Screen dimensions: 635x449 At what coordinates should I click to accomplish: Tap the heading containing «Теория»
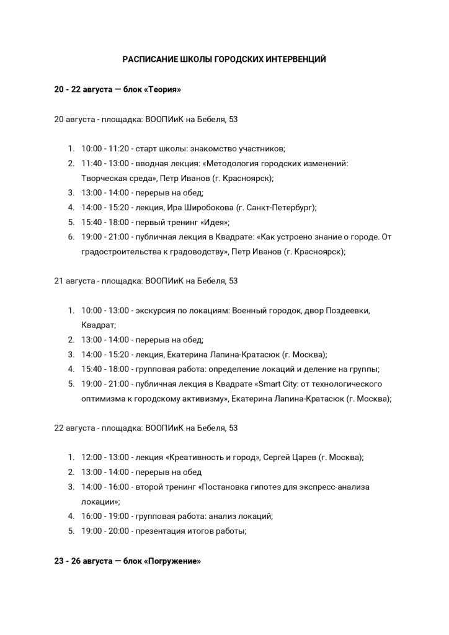(118, 89)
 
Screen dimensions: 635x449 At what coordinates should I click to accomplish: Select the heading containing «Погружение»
(128, 561)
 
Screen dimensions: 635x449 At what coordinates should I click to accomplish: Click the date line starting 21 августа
(146, 281)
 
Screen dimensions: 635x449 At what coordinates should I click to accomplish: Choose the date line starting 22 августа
(146, 428)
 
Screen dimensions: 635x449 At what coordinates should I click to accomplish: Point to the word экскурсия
(154, 310)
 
